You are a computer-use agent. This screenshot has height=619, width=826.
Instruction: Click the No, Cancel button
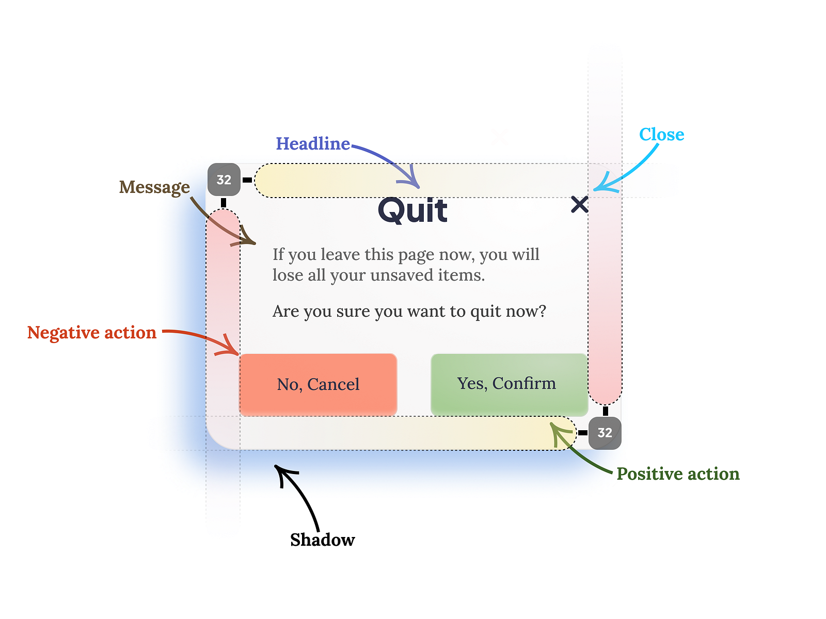point(318,384)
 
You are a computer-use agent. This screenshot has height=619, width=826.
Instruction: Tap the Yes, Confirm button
point(509,384)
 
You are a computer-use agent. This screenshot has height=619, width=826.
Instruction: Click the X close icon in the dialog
point(580,204)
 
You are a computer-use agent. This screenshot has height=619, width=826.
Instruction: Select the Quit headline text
point(413,210)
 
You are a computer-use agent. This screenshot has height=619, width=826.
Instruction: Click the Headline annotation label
point(313,143)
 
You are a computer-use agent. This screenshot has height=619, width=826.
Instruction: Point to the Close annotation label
point(661,135)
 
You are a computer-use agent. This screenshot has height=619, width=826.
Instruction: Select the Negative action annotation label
point(92,333)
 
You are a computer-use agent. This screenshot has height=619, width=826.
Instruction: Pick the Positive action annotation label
point(678,474)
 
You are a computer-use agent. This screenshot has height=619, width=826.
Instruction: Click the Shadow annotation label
point(323,540)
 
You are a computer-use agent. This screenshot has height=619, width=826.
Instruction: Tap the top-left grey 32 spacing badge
point(224,180)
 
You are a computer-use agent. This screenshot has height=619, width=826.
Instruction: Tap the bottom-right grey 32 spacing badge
point(605,433)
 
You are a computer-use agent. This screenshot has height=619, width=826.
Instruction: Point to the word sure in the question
point(353,312)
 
